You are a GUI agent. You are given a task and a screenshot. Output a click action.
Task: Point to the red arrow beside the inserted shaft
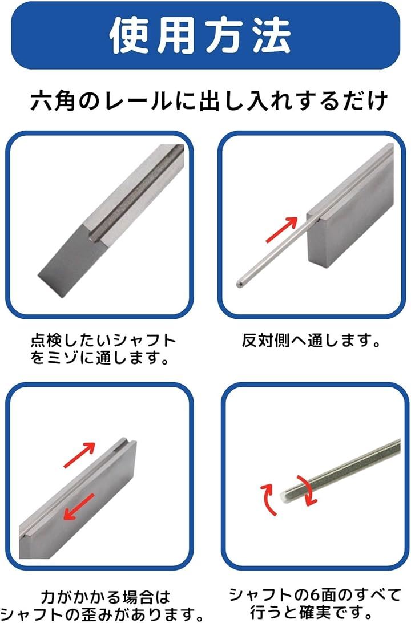click(x=281, y=230)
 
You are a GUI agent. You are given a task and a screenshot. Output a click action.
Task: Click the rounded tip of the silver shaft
click(x=239, y=284)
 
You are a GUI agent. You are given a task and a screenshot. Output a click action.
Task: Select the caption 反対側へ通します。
click(x=311, y=341)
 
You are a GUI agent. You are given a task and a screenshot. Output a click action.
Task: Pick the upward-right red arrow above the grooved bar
click(x=79, y=455)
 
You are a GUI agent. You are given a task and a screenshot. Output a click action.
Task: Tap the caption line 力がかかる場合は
click(x=106, y=597)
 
